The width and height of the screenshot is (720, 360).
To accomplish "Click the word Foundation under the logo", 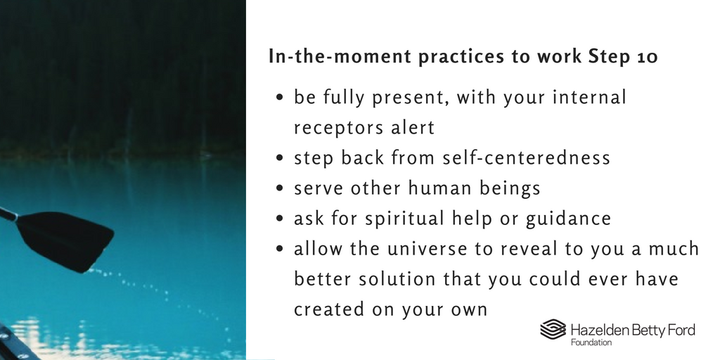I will (x=590, y=342).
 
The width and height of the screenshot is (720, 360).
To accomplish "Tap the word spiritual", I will (x=407, y=219).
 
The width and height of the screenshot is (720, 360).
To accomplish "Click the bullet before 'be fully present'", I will (x=281, y=98).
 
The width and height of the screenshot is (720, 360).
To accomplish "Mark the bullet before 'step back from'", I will (x=281, y=159).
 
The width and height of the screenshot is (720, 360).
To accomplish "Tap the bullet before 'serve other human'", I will (x=281, y=189).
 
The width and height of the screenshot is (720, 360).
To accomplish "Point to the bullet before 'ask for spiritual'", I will (x=281, y=219).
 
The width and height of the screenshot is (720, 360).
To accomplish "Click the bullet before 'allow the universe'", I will (x=281, y=250).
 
